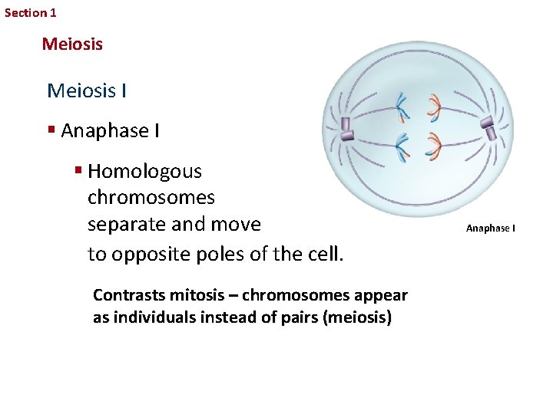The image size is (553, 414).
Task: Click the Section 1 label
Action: click(31, 13)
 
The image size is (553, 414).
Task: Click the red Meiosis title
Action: click(72, 44)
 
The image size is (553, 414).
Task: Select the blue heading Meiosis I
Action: click(87, 91)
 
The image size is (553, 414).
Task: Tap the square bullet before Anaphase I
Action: click(51, 130)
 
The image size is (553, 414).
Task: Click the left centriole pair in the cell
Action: click(346, 129)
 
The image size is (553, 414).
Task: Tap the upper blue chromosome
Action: click(402, 107)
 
